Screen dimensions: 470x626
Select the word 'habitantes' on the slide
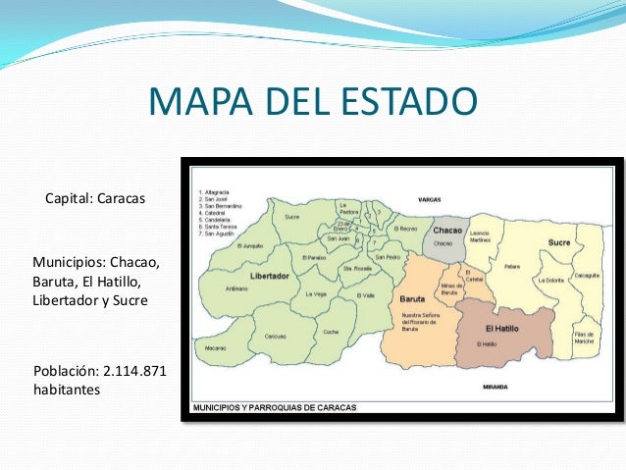click(67, 391)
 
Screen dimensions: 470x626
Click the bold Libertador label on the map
click(270, 277)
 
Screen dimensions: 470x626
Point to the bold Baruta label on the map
click(412, 297)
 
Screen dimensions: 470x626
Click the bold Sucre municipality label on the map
click(559, 241)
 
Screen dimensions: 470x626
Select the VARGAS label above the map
click(429, 198)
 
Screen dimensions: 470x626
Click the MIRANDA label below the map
click(495, 388)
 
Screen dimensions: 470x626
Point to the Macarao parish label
click(216, 347)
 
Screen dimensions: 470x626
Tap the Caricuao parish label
click(275, 337)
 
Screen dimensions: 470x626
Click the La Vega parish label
click(316, 293)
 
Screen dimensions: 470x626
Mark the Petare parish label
click(513, 265)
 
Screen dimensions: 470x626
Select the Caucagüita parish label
click(588, 275)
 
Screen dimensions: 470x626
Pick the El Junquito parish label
click(250, 246)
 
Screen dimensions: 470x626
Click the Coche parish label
click(332, 332)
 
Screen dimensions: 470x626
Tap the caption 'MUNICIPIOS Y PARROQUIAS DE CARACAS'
click(274, 406)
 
